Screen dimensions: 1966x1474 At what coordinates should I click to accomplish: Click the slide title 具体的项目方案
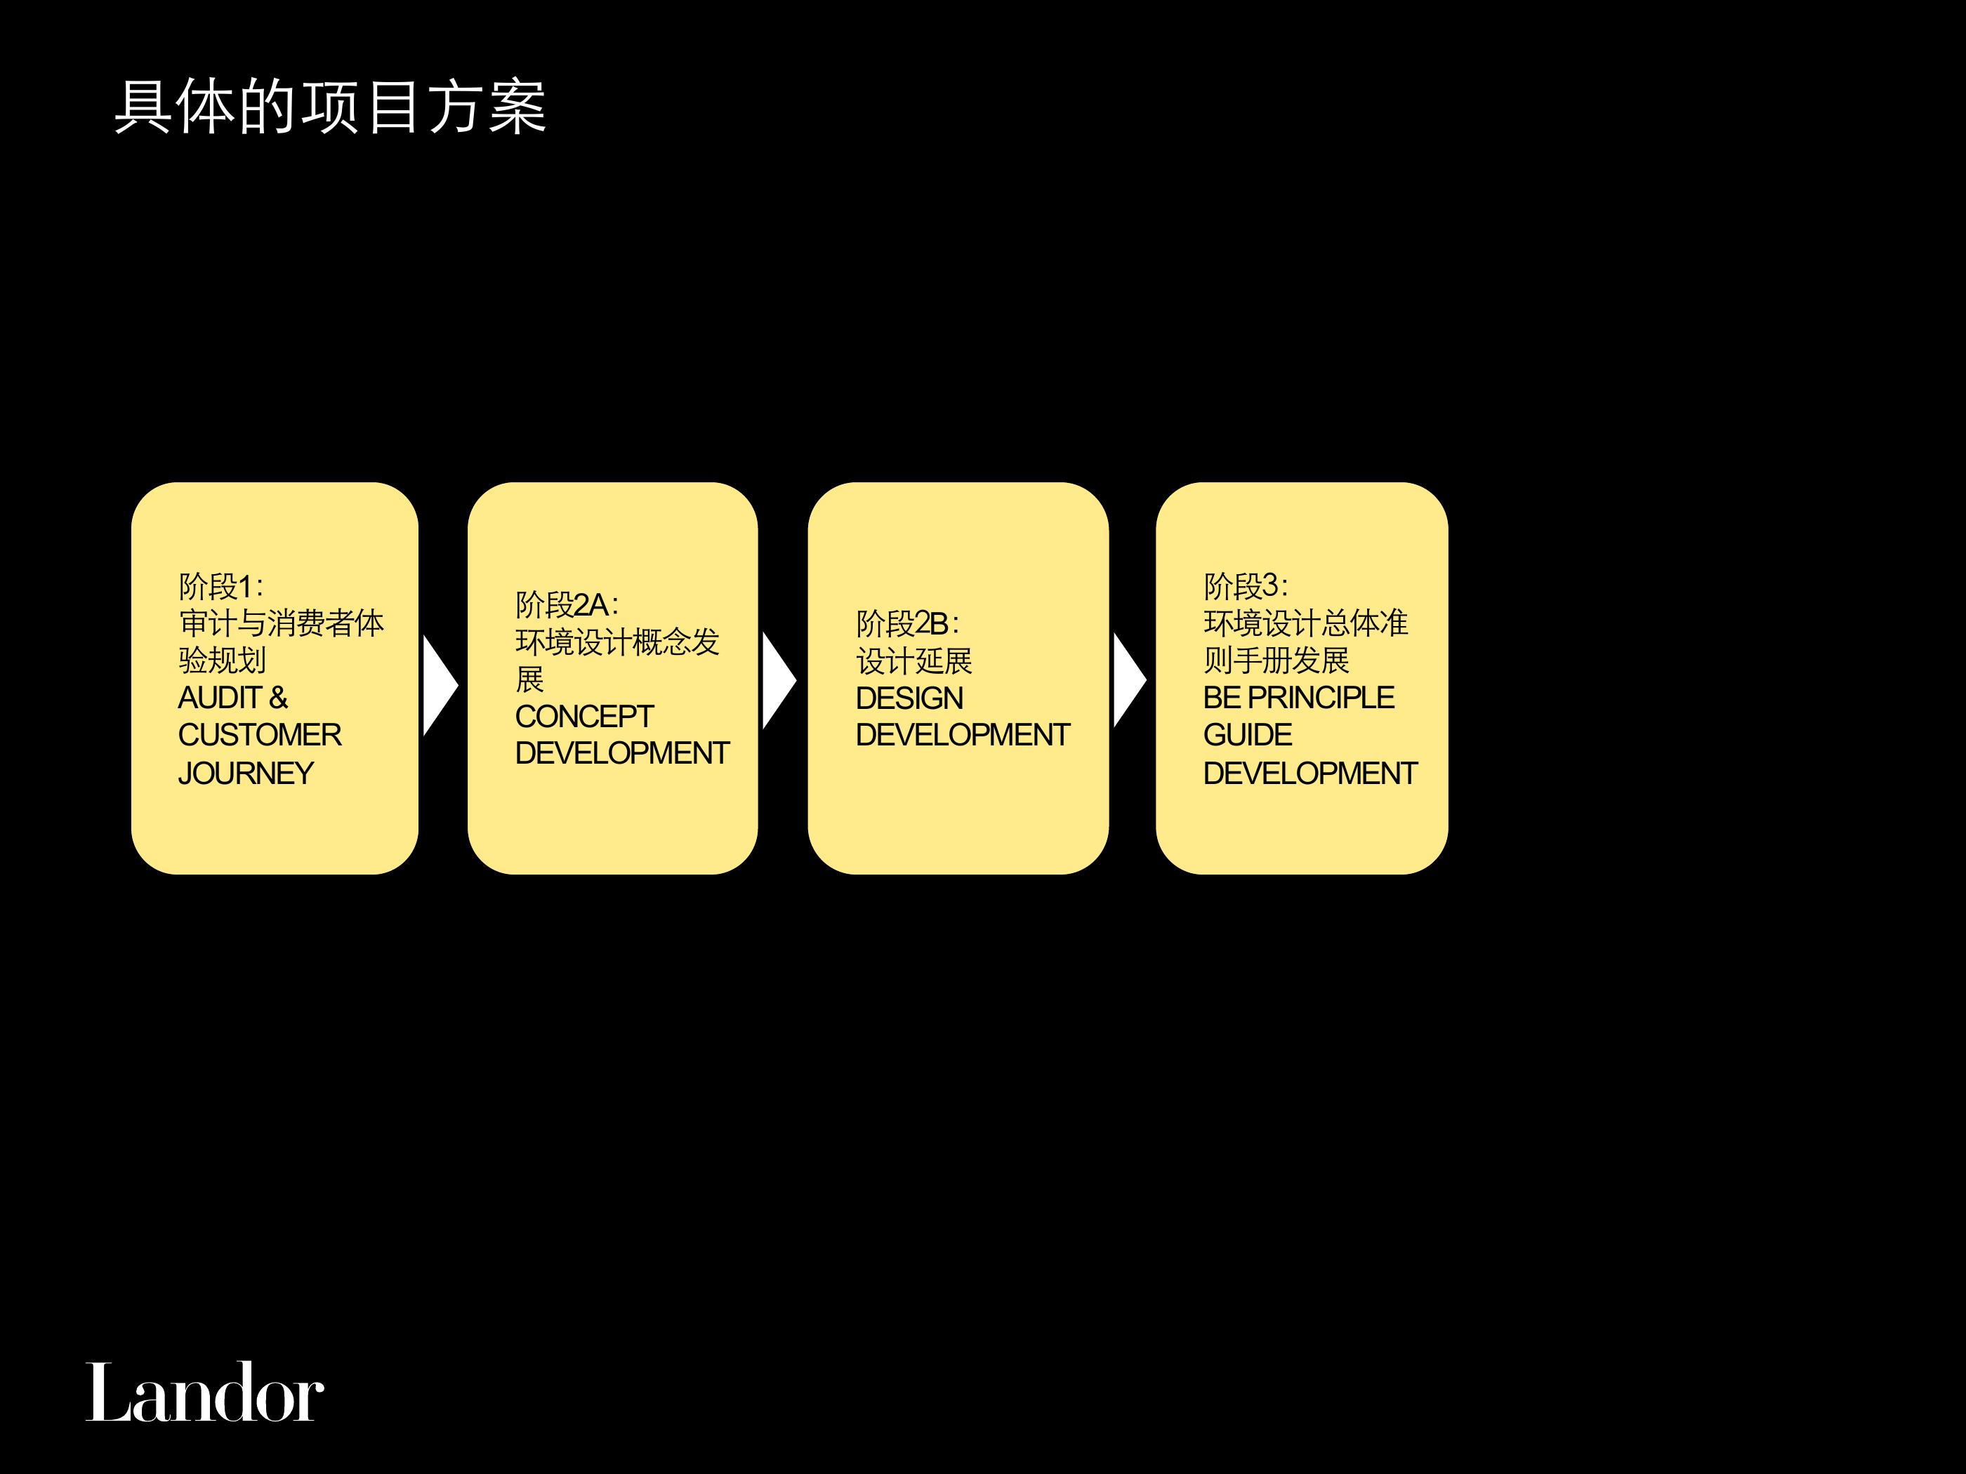tap(330, 107)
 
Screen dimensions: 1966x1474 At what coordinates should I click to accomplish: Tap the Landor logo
tap(204, 1393)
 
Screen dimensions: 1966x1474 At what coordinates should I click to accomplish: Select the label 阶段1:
tap(221, 586)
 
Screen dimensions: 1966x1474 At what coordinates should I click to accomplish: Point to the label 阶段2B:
tap(907, 624)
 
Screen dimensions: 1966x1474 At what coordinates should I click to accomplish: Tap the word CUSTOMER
tap(260, 735)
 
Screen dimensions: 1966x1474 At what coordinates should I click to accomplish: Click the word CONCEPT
tap(584, 716)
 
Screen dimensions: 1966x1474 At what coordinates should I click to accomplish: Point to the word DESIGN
tap(909, 698)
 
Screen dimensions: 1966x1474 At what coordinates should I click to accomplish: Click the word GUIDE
tap(1248, 735)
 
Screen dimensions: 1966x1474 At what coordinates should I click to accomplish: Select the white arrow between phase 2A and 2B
tap(779, 682)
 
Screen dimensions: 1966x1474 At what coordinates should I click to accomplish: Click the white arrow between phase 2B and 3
tap(1130, 682)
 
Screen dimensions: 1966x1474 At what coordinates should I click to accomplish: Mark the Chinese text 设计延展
tap(913, 661)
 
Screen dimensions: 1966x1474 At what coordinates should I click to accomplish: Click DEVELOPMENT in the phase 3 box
tap(1310, 773)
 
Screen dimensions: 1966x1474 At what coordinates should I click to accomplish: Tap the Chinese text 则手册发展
tap(1276, 660)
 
